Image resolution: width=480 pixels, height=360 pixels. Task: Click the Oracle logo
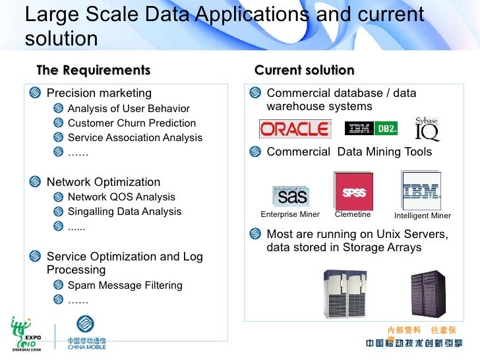coord(295,129)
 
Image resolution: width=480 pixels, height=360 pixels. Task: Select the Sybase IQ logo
coord(427,129)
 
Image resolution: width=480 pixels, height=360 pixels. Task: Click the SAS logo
coord(290,195)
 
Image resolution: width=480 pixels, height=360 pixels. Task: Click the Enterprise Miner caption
coord(290,214)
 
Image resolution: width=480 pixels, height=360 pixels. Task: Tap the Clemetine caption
coord(353,214)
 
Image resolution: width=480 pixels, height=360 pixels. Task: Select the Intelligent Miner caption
coord(423,216)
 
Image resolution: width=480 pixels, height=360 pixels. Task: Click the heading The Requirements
coord(93,71)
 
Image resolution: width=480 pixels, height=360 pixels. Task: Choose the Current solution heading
coord(304,71)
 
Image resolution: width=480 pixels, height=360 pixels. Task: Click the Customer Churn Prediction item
coord(131,123)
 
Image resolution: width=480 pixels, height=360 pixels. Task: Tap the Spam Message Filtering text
coord(125,285)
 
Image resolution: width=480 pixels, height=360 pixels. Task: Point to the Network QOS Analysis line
coord(121,197)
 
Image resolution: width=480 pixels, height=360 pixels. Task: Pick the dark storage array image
coord(428,293)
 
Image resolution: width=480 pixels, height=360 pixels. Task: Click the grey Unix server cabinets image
coord(345,293)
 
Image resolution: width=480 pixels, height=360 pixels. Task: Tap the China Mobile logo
coord(86,334)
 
